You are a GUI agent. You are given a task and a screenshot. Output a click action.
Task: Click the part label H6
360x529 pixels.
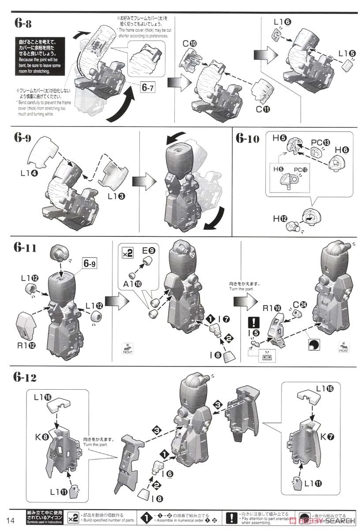click(342, 150)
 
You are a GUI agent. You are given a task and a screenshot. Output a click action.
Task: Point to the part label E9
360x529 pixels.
click(148, 250)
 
